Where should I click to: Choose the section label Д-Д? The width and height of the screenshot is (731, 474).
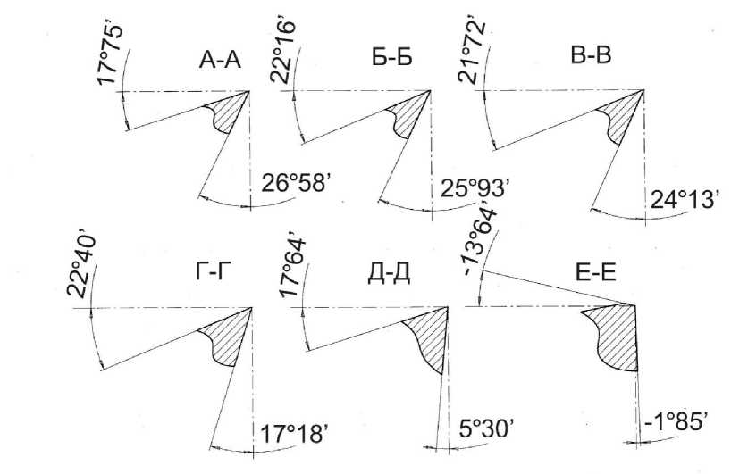click(389, 275)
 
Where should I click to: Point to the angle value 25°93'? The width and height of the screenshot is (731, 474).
click(475, 187)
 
